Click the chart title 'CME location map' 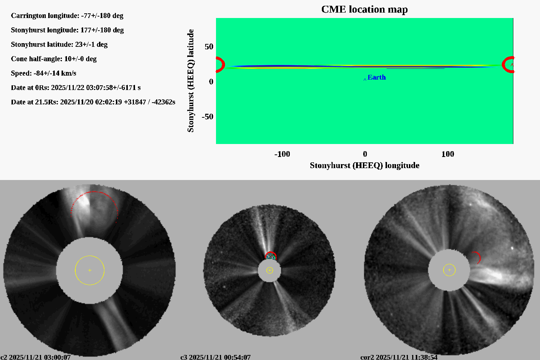pos(364,9)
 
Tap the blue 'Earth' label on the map pos(377,77)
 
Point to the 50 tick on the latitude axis pos(209,47)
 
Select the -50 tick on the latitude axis pos(207,117)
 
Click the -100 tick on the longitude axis pos(282,154)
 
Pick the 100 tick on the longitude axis pos(447,154)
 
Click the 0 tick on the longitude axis pos(365,154)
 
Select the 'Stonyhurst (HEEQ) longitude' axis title pos(364,166)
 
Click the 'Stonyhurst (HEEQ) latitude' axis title pos(190,81)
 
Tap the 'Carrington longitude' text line pos(67,16)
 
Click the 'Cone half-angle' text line pos(54,59)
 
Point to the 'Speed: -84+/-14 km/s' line pos(44,73)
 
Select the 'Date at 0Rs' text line pos(76,88)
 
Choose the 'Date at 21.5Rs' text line pos(93,102)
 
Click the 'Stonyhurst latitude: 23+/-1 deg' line pos(59,45)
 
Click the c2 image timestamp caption pos(35,357)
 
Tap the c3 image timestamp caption pos(215,357)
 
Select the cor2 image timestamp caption pos(399,357)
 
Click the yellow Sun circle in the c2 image pos(90,270)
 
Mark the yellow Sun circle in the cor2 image pos(449,270)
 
